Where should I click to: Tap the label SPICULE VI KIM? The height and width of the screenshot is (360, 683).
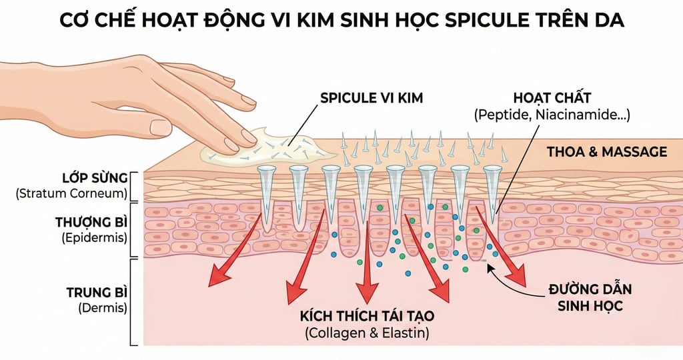[372, 98]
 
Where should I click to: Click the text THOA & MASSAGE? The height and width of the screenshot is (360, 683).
[606, 152]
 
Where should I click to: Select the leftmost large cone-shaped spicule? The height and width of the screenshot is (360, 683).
[267, 193]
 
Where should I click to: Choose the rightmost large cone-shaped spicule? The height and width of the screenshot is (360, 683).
[492, 193]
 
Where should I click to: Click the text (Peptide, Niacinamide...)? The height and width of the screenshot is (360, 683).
[552, 115]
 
